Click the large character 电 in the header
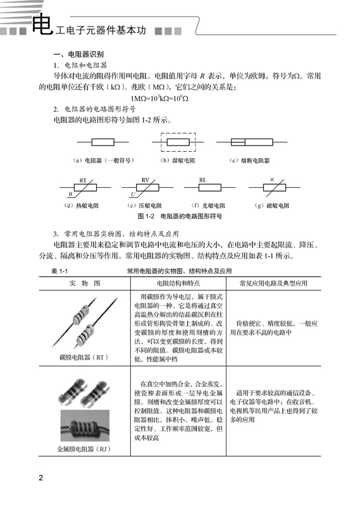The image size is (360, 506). (42, 25)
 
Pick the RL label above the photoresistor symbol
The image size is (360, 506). (202, 180)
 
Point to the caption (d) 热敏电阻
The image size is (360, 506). (85, 206)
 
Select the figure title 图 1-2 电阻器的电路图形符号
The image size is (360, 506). (179, 216)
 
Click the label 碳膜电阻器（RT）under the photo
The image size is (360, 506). (84, 357)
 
